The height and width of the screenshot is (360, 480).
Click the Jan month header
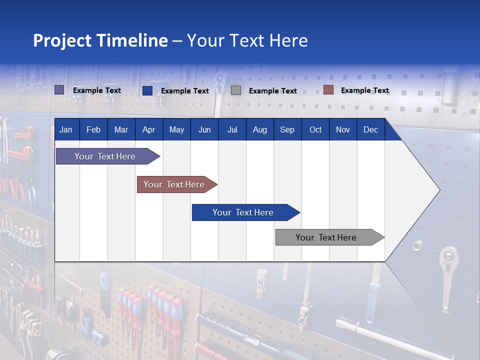click(66, 129)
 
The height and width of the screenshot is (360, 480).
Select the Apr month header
click(148, 129)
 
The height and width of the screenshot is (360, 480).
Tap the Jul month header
click(232, 129)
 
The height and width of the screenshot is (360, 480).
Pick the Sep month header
click(287, 129)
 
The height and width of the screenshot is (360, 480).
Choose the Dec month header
click(370, 129)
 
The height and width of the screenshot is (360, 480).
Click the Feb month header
click(93, 129)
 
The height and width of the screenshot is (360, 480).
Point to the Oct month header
click(315, 129)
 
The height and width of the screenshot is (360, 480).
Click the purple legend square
click(59, 90)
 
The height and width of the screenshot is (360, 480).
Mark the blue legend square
click(147, 90)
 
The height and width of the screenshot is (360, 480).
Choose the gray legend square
click(236, 90)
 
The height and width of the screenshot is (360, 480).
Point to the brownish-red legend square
click(328, 90)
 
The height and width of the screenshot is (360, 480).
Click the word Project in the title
click(62, 40)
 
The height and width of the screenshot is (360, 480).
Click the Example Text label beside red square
click(364, 90)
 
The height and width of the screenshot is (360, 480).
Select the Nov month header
click(343, 129)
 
